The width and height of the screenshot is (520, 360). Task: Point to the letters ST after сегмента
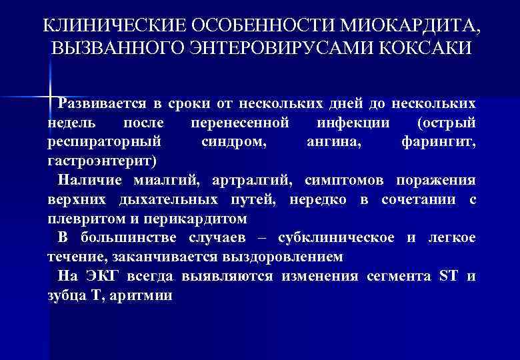click(447, 277)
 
